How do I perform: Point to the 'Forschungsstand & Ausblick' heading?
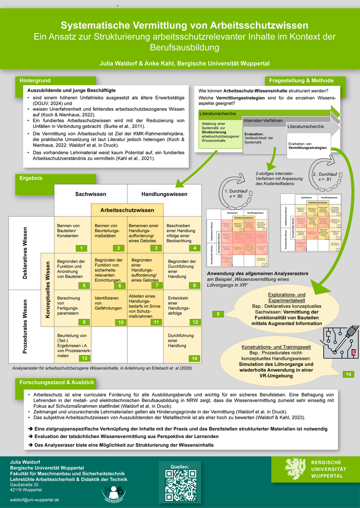point(57,382)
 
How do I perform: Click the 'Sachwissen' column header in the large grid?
point(91,194)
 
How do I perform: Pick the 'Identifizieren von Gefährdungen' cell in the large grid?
point(107,303)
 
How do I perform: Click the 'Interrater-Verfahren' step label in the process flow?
point(263,120)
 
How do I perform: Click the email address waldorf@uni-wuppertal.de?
point(35,500)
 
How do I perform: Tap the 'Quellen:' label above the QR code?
point(180,466)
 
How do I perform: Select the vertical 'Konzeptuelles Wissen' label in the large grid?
point(47,290)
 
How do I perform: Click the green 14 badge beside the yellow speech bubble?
point(348,374)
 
